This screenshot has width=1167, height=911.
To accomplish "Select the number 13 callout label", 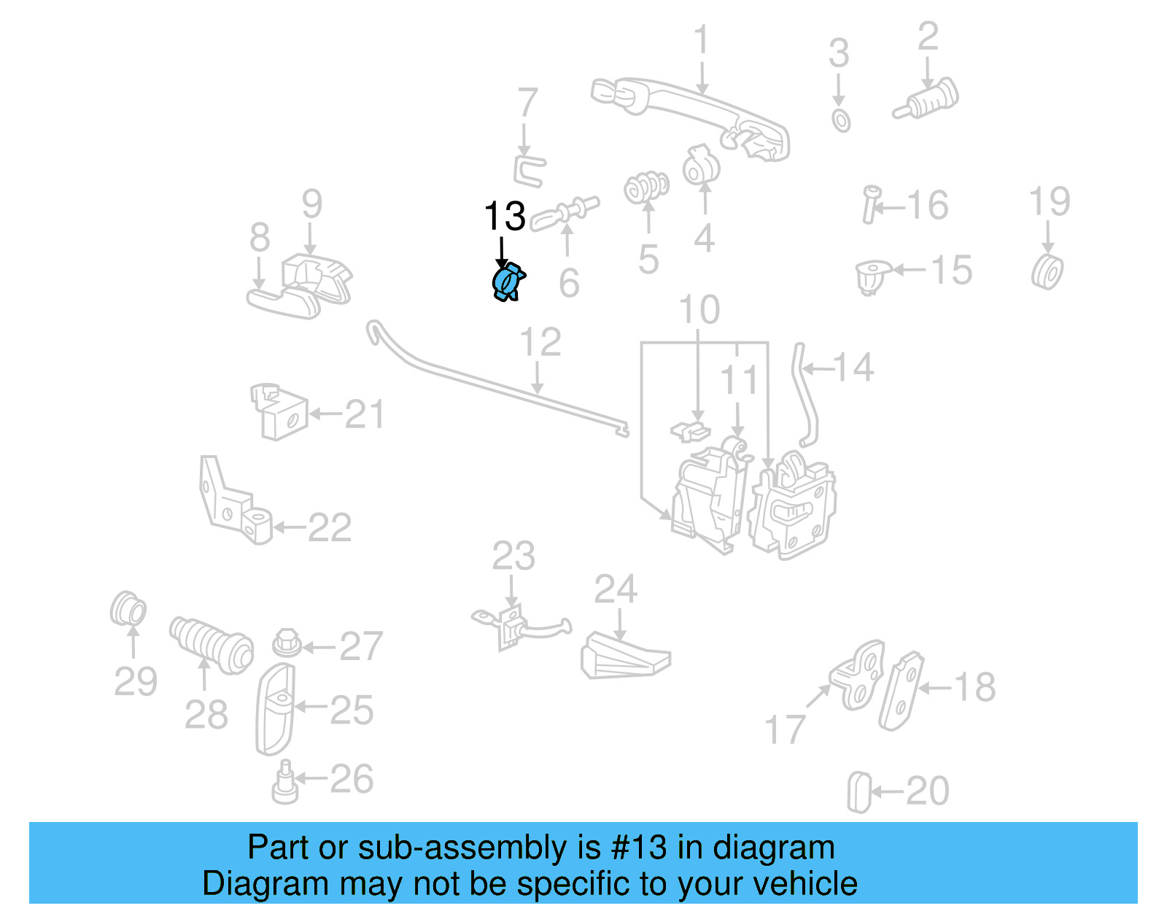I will pyautogui.click(x=504, y=217).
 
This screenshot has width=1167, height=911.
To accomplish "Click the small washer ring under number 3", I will pyautogui.click(x=841, y=120).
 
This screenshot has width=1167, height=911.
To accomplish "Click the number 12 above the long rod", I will pyautogui.click(x=540, y=342).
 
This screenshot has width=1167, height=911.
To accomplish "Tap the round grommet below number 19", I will pyautogui.click(x=1047, y=271).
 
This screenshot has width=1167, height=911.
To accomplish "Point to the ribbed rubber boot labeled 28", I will pyautogui.click(x=211, y=644).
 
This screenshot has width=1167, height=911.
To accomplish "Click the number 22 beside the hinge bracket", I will pyautogui.click(x=330, y=527).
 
